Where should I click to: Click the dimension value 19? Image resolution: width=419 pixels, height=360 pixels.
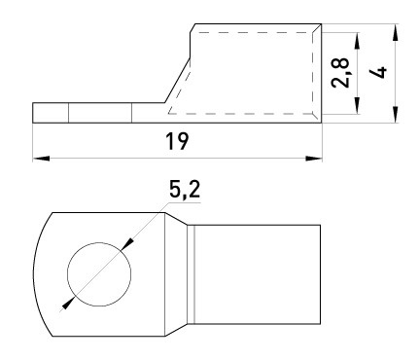[x=177, y=140]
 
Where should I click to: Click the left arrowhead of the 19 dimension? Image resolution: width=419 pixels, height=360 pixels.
[x=40, y=156]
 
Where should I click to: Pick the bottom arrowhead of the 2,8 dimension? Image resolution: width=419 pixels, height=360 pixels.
[x=359, y=109]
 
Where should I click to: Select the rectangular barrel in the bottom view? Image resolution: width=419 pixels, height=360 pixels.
[x=258, y=270]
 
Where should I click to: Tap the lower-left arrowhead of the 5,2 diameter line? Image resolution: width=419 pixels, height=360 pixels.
[x=66, y=303]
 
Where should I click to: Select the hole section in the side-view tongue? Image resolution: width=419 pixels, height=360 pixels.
[x=99, y=113]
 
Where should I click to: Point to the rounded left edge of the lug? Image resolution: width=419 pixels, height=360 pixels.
[x=36, y=270]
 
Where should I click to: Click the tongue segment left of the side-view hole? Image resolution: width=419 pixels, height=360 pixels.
[x=51, y=113]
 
